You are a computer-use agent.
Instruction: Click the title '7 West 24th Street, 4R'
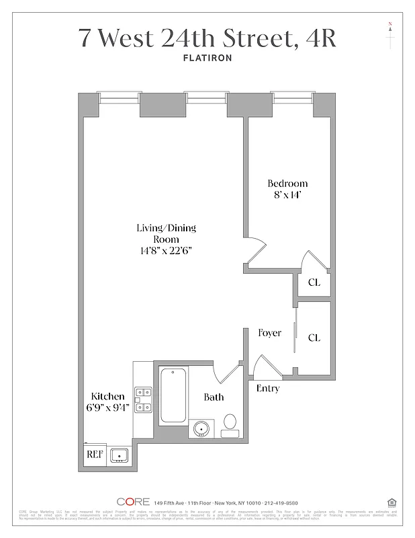coord(207,37)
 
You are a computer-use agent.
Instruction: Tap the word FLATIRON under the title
coord(207,59)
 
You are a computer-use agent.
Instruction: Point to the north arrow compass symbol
coord(389,36)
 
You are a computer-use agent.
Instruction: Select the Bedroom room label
coord(287,184)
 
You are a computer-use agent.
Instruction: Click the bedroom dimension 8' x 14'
coord(287,196)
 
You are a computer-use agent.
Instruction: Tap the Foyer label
coord(269,333)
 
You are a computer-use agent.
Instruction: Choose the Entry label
coord(268,389)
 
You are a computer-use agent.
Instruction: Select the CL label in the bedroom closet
coord(314,282)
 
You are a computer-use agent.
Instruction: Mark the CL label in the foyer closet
coord(314,338)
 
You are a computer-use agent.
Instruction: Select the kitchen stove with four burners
coord(143,399)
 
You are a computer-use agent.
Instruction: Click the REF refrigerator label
coord(95,455)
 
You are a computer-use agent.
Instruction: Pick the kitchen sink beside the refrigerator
coord(120,455)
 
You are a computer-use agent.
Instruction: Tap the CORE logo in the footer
coord(132,502)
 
